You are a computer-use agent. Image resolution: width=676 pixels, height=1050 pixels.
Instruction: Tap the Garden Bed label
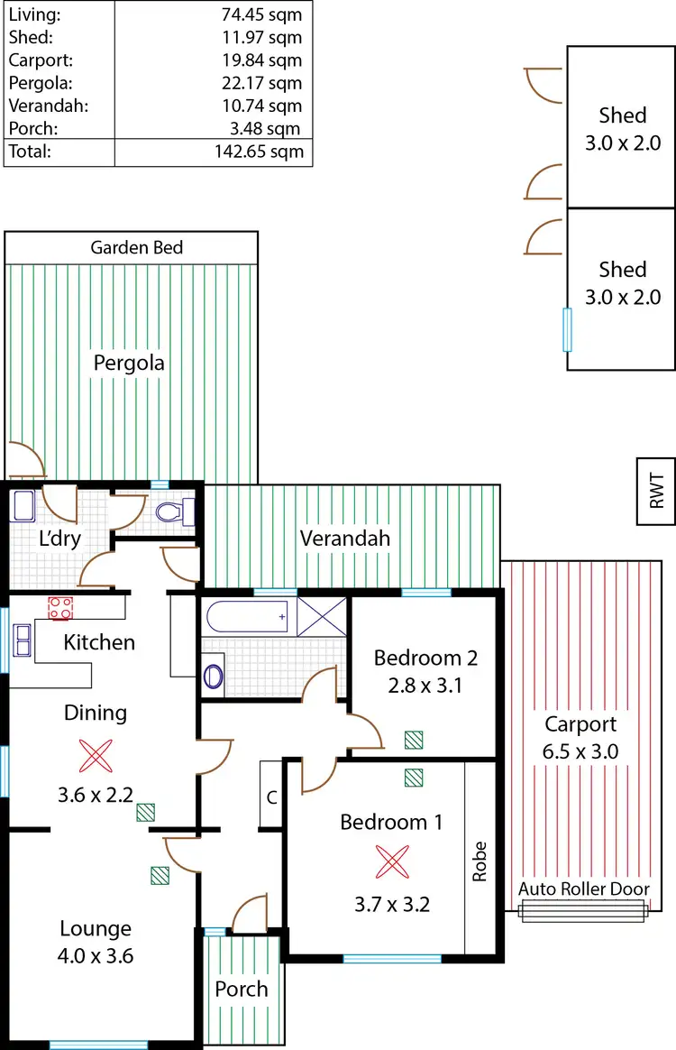click(x=136, y=247)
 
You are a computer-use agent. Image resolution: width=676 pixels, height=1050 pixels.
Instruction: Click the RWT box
click(x=656, y=493)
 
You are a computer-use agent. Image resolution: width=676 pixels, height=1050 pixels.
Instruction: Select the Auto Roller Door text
click(x=583, y=889)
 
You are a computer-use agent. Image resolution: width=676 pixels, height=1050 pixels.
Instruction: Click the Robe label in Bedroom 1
click(x=480, y=861)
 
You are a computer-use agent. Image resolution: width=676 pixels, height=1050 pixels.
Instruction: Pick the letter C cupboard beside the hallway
click(x=270, y=797)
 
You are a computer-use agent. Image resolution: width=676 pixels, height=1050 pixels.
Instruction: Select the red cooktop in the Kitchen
click(x=60, y=609)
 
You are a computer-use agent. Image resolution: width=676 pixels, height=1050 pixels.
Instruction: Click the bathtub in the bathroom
click(x=247, y=618)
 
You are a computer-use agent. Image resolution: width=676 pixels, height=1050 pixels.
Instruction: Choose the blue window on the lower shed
click(x=567, y=329)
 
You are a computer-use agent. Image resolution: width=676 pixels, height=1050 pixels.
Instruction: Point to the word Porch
click(x=241, y=989)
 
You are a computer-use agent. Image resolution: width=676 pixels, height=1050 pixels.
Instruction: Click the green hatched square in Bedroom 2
click(x=414, y=740)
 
